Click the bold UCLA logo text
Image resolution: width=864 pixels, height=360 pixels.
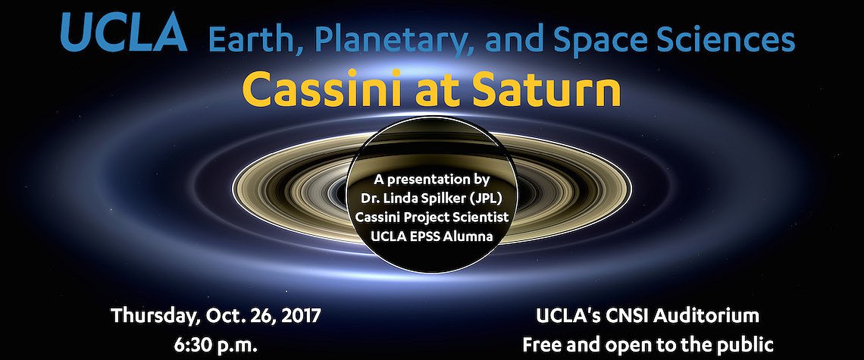(124, 33)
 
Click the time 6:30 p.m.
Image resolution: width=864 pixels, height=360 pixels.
(215, 345)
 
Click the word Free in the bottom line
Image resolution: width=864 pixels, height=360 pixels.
(542, 345)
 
